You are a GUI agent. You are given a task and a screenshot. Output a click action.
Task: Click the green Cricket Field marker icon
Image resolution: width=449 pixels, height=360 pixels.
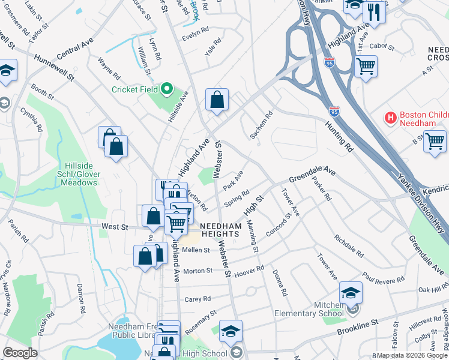click(x=167, y=89)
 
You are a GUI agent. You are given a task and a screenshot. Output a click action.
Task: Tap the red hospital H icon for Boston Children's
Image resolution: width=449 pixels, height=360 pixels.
click(x=391, y=118)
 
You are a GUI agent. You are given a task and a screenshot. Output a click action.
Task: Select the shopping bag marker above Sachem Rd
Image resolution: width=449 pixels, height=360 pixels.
click(x=217, y=100)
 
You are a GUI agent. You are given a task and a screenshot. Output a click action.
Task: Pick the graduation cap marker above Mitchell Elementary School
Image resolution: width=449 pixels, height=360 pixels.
click(x=351, y=293)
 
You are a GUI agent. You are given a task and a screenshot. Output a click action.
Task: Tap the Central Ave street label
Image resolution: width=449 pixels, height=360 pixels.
click(x=76, y=50)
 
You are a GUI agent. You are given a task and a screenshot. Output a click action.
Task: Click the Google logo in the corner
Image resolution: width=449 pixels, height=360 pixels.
click(x=20, y=353)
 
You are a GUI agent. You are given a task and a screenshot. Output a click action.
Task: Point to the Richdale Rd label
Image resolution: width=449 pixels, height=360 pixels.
click(x=349, y=245)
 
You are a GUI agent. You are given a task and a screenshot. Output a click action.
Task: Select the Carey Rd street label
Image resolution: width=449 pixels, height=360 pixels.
click(x=197, y=299)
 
